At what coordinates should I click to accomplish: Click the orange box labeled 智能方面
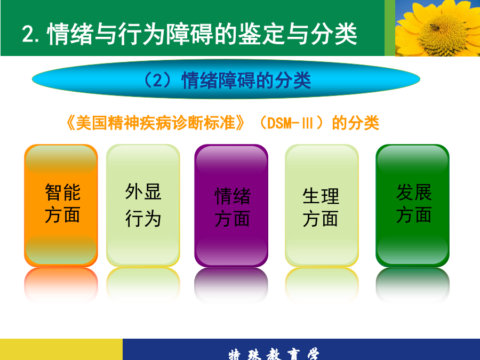(61, 205)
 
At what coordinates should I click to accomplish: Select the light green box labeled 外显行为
(143, 205)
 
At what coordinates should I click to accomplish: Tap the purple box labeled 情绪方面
(231, 205)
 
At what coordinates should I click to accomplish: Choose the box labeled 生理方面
(322, 205)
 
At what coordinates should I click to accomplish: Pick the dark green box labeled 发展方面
(412, 205)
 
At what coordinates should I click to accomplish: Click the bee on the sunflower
(434, 27)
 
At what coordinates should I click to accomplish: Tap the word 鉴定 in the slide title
(262, 34)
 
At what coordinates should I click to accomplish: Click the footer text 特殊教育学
(274, 354)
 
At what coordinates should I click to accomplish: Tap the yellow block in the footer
(61, 349)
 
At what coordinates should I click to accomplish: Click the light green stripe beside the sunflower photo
(390, 28)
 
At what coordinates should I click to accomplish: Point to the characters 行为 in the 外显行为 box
(143, 219)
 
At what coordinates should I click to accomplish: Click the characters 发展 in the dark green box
(414, 192)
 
